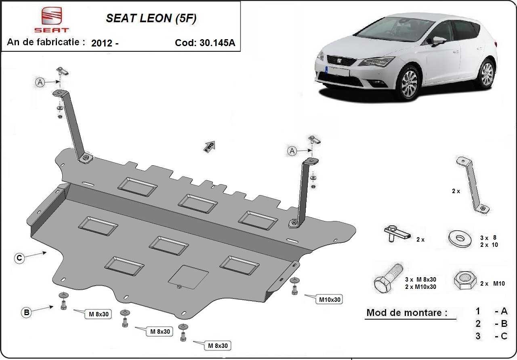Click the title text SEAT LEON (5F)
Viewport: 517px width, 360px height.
click(151, 19)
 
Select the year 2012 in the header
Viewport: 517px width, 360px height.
click(102, 43)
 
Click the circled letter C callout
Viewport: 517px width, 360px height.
click(19, 258)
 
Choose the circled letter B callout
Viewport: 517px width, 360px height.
click(27, 312)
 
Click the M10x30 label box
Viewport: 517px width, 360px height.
click(330, 299)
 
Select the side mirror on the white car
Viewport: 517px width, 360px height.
click(439, 41)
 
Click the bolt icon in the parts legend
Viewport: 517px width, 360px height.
click(387, 278)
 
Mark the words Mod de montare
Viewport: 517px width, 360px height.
click(407, 313)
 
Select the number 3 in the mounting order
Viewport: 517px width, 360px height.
click(478, 336)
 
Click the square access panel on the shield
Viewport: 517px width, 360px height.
click(188, 277)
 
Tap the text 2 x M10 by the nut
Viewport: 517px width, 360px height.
click(492, 284)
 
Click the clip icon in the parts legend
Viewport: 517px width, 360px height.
click(397, 234)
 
